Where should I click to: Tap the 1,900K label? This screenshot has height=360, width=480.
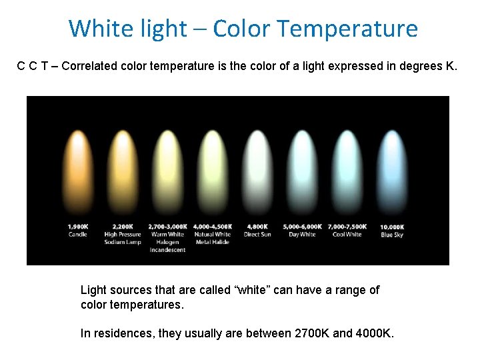point(78,227)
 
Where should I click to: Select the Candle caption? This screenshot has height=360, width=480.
point(78,235)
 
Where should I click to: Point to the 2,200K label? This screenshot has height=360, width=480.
point(123,227)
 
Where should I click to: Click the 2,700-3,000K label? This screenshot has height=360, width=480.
point(167,227)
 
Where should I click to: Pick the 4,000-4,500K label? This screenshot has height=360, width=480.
point(213,227)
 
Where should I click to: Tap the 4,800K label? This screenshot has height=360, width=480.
point(257,227)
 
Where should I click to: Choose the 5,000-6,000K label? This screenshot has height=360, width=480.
point(302,227)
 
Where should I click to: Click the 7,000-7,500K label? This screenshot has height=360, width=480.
point(347,227)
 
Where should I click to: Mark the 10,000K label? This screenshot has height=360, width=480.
point(392,227)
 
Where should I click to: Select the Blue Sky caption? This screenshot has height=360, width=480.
point(392,235)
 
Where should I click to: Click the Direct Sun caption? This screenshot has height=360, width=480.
point(257,235)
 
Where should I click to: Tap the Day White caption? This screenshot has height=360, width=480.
point(302,235)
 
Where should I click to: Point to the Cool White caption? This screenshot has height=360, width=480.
point(347,235)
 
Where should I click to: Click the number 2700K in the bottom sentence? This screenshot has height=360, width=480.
point(311,333)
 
